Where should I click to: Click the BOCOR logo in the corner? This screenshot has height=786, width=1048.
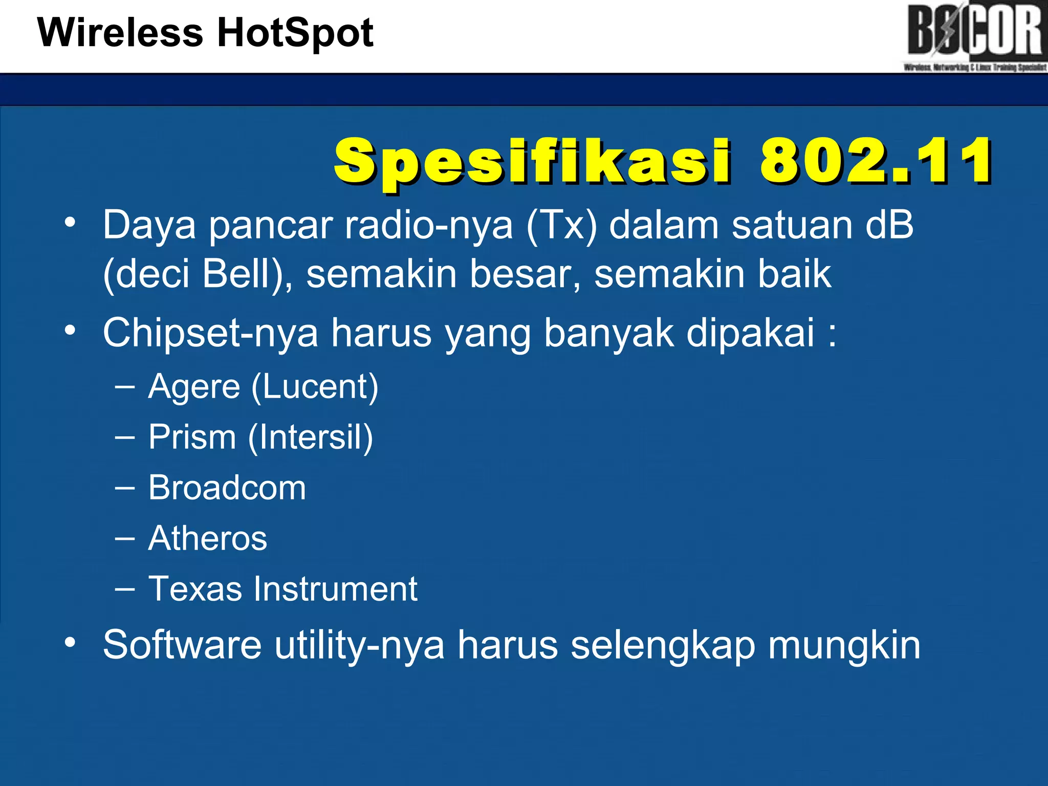974,36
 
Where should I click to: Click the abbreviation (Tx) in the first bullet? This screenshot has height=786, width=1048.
561,225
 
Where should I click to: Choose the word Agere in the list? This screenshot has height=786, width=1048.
194,387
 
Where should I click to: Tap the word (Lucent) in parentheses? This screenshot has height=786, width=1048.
315,387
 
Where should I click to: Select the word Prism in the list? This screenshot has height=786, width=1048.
192,438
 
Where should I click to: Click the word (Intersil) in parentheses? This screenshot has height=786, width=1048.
311,438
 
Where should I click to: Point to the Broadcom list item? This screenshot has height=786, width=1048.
227,488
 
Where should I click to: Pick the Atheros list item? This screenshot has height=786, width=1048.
207,538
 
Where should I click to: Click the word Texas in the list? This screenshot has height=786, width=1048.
195,589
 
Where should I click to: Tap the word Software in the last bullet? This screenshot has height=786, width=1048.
183,645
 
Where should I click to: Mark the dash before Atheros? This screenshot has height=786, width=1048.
125,539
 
